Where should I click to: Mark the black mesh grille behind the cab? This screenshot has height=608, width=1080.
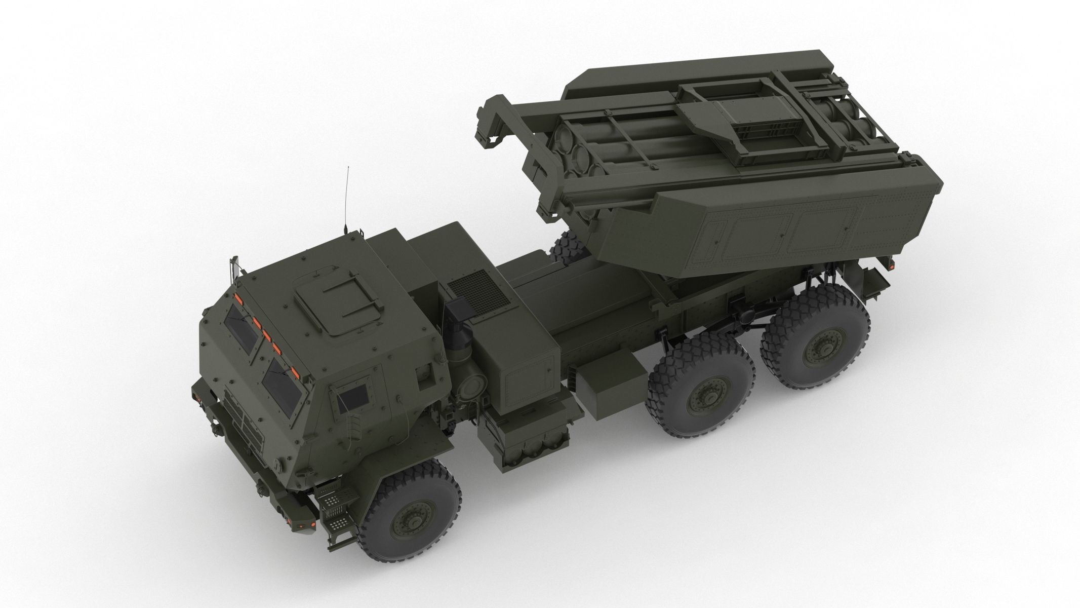479,292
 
